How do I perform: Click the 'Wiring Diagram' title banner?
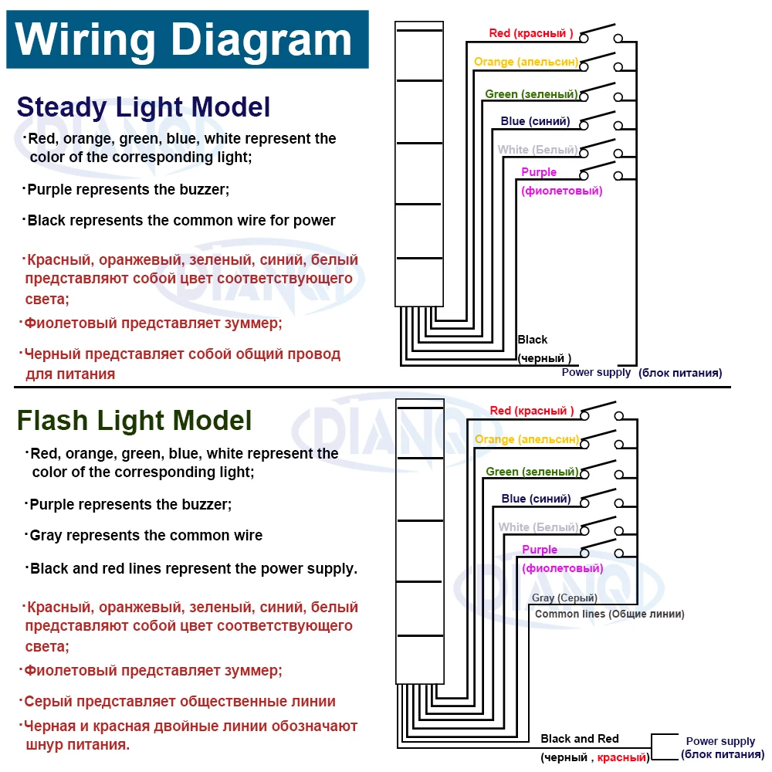pos(187,39)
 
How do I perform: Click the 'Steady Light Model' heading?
pos(144,107)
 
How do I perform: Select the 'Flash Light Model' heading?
pos(134,421)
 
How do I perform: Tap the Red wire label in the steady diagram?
pos(531,33)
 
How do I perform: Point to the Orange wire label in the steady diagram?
pos(526,62)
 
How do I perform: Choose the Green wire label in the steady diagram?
pos(531,93)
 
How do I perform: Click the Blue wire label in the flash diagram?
pos(537,499)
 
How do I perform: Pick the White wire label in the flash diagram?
pos(539,527)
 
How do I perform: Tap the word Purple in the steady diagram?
pos(539,172)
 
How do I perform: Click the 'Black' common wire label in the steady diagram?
pos(532,340)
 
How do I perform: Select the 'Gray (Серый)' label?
pos(564,598)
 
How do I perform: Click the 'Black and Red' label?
pos(580,739)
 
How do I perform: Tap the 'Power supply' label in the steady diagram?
pos(596,372)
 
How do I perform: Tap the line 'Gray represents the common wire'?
pos(144,536)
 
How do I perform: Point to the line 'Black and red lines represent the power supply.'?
pos(191,569)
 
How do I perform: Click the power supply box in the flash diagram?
pos(665,747)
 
